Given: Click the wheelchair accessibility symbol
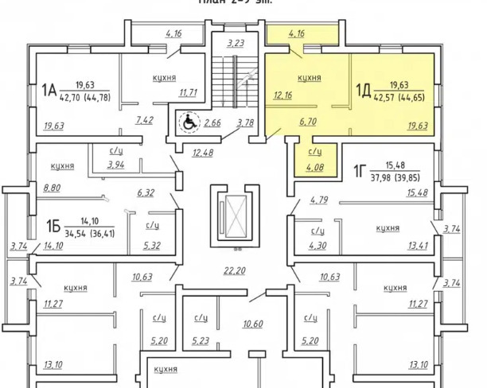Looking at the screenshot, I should tap(189, 123).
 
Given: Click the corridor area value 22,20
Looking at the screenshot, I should tap(235, 270).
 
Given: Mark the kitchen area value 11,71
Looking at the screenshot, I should tap(188, 93).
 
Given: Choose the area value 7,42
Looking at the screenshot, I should tap(144, 120).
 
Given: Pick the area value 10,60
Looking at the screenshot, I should tap(252, 324).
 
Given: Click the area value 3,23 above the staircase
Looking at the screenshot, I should tap(234, 43).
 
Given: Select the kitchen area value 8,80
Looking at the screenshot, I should tap(51, 188).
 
